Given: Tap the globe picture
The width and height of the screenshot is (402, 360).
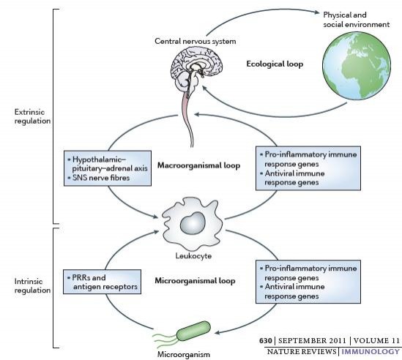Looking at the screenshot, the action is tap(357, 66).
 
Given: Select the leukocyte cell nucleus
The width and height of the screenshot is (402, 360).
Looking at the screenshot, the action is tap(193, 223).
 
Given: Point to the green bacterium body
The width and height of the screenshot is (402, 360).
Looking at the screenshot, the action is tap(193, 331).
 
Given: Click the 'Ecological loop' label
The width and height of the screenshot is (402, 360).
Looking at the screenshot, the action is tap(275, 64).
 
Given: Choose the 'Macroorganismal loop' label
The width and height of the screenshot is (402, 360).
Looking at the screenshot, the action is tap(198, 165).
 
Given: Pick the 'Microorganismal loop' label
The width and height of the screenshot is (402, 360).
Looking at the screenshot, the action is tap(195, 280).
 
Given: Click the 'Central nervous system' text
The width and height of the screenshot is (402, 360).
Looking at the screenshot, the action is tap(196, 41).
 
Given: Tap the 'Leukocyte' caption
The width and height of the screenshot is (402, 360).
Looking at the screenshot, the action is tap(193, 255).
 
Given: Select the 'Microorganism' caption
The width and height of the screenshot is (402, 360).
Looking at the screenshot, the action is tap(184, 355).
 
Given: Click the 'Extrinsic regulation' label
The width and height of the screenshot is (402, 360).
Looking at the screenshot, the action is tap(32, 116).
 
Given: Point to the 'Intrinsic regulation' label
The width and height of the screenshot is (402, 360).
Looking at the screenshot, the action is tap(32, 285).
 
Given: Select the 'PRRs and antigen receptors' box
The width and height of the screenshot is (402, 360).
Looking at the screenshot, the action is tap(102, 282).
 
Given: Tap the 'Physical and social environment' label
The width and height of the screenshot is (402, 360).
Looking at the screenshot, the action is tap(357, 20).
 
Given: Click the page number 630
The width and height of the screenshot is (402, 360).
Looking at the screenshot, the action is tap(265, 340).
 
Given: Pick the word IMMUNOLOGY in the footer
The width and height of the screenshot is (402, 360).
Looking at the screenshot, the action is tap(371, 351).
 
